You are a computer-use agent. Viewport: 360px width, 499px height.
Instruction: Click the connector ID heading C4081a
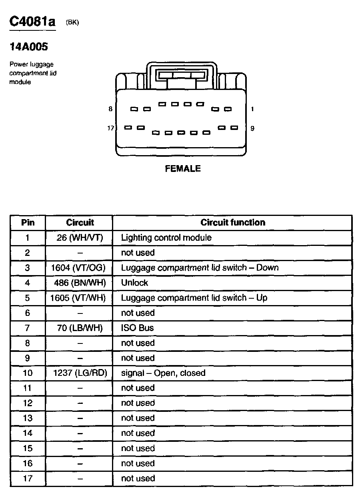[x=32, y=22]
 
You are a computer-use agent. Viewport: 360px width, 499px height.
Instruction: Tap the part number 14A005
[x=28, y=47]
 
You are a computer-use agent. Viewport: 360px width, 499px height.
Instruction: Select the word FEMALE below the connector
[x=183, y=169]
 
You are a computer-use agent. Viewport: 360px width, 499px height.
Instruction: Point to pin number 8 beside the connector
[x=110, y=109]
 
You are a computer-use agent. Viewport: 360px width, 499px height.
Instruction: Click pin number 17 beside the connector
[x=110, y=128]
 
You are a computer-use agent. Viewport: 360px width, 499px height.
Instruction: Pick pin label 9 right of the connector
[x=252, y=128]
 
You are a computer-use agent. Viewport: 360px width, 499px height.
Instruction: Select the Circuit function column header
[x=232, y=222]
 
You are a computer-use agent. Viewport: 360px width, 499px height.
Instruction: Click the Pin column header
[x=28, y=222]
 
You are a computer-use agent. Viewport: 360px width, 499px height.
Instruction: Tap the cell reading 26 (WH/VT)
[x=80, y=238]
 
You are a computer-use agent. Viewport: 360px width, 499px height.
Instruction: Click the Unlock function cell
[x=135, y=283]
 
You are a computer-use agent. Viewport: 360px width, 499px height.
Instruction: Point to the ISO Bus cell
[x=138, y=328]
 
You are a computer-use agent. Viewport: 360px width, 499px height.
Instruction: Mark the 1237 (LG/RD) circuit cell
[x=80, y=373]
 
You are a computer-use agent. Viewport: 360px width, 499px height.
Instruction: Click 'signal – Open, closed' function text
[x=163, y=373]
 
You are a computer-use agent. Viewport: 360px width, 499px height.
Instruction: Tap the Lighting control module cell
[x=166, y=238]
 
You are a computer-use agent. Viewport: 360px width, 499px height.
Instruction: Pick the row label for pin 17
[x=28, y=478]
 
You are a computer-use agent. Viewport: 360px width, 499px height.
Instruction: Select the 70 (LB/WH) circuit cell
[x=80, y=328]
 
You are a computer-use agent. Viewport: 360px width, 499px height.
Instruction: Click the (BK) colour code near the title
[x=72, y=23]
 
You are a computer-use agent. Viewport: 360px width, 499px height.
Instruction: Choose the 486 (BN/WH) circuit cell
[x=80, y=283]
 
